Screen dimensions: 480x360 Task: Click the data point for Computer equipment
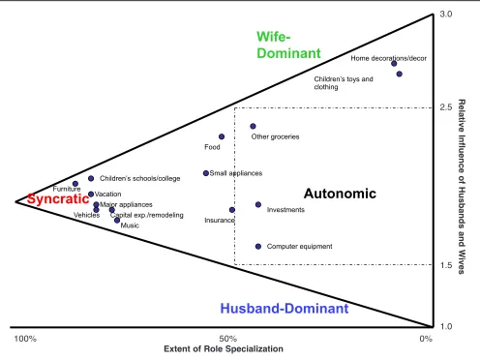tap(258, 247)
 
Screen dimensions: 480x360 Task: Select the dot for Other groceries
tap(253, 126)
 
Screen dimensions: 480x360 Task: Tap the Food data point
tap(222, 136)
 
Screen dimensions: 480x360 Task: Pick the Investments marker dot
tap(258, 204)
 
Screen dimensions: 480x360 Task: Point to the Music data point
tap(117, 221)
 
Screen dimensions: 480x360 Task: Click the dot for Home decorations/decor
tap(394, 64)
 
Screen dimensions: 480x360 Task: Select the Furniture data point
tap(75, 184)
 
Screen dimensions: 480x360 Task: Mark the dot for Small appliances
tap(206, 173)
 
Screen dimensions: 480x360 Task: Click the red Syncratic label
tap(58, 199)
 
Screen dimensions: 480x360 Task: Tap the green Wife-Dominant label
tap(288, 45)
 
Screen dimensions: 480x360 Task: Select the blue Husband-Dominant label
tap(285, 309)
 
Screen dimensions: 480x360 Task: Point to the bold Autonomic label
tap(340, 194)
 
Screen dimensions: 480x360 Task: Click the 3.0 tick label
tap(446, 15)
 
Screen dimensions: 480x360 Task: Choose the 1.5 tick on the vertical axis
tap(446, 265)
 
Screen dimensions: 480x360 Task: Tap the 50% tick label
tap(228, 339)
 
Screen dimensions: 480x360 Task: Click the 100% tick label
tap(25, 339)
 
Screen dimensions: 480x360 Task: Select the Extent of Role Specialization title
tap(224, 348)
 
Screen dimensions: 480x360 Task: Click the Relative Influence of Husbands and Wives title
tap(462, 187)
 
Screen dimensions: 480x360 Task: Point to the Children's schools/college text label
tap(140, 178)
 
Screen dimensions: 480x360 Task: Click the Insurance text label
tap(220, 221)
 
